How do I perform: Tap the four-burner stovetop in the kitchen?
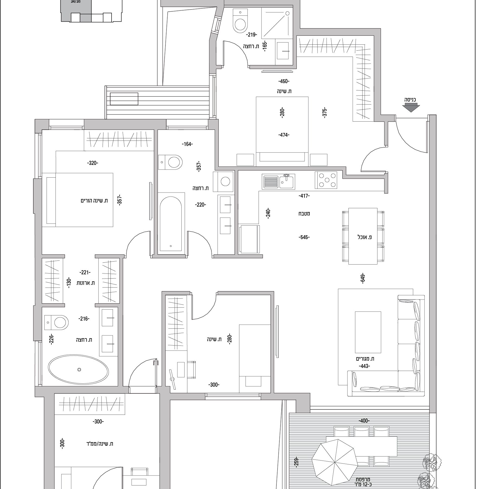(326, 180)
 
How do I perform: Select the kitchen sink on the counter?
(278, 181)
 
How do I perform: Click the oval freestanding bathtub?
(78, 369)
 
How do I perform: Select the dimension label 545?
(304, 237)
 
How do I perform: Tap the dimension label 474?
(283, 135)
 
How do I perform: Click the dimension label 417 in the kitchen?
(304, 196)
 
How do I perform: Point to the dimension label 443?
(364, 366)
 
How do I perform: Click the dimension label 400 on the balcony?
(364, 421)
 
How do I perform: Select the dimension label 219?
(252, 35)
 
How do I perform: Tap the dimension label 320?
(93, 163)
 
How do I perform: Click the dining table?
(363, 236)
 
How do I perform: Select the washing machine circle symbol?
(225, 181)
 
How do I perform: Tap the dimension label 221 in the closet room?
(85, 272)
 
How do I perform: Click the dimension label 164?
(187, 144)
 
